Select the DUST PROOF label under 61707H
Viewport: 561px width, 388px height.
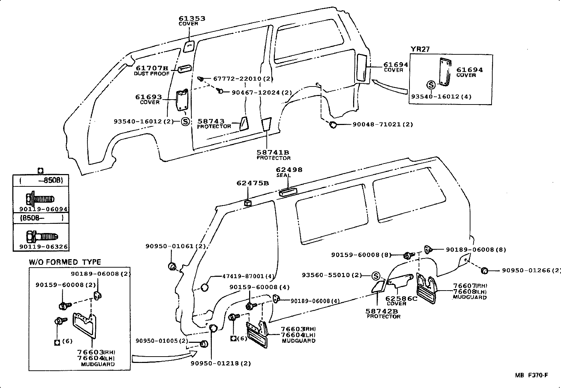pos(152,73)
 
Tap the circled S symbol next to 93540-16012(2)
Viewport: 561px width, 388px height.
pos(185,122)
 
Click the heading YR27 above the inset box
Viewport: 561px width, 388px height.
pos(420,49)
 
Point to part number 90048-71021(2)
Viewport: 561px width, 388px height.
pos(383,124)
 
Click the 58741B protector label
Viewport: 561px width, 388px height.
pos(273,153)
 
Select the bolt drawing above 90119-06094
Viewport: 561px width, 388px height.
pos(40,198)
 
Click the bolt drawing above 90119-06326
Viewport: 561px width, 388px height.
pos(42,236)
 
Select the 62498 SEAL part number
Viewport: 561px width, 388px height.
pos(289,170)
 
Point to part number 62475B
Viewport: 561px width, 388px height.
pos(253,183)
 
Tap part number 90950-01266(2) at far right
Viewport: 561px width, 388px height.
pos(530,270)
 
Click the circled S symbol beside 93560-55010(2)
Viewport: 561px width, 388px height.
pos(376,275)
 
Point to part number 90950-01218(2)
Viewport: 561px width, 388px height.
pos(221,364)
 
